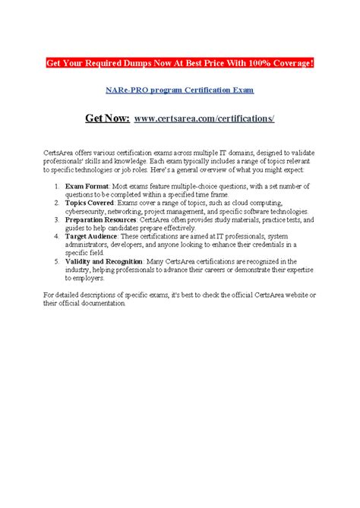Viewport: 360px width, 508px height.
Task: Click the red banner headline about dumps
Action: pos(179,62)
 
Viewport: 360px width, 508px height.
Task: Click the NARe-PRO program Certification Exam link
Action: pos(179,90)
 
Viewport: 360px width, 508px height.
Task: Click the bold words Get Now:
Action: pos(108,118)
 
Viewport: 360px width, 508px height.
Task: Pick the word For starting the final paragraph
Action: pos(48,295)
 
